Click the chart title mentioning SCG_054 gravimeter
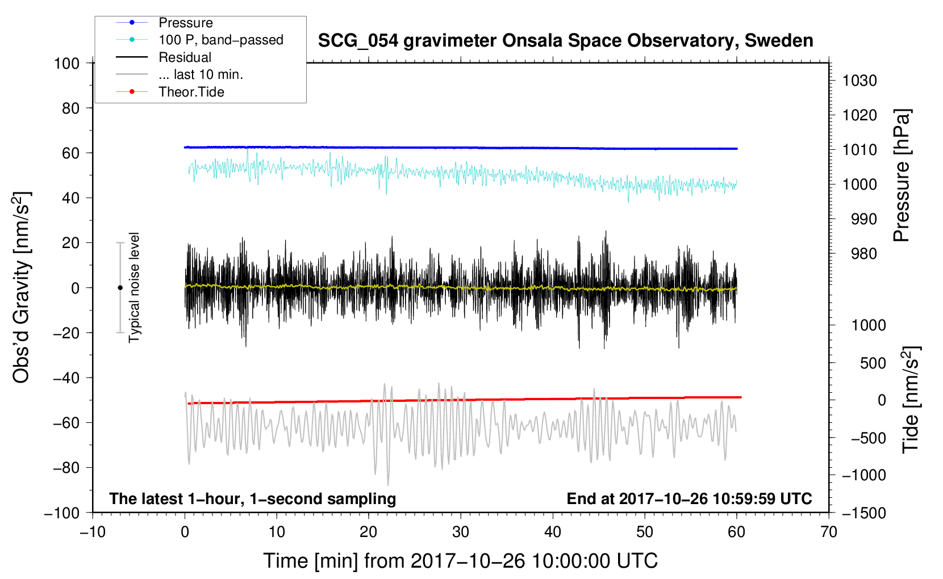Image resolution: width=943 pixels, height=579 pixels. (565, 41)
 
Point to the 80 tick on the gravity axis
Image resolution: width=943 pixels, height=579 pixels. (70, 108)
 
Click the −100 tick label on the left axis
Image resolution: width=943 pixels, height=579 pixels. (62, 513)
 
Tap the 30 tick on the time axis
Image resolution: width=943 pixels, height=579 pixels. (461, 532)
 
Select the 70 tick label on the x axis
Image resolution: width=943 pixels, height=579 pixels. (828, 532)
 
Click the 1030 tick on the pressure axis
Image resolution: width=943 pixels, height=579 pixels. (859, 81)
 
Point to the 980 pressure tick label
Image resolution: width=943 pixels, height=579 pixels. (864, 254)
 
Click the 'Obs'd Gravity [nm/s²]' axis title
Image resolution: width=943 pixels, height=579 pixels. (22, 287)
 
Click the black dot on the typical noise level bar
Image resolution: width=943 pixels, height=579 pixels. (120, 288)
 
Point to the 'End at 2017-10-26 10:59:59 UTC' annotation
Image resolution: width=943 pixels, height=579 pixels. (689, 498)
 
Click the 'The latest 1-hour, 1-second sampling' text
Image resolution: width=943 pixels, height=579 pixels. (253, 499)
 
